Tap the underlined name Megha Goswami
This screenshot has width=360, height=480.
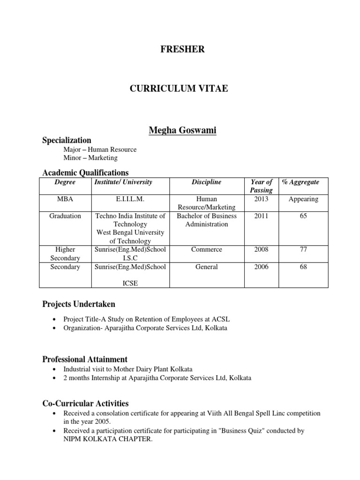182,130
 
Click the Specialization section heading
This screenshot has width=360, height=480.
67,140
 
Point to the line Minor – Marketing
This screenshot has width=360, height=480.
90,158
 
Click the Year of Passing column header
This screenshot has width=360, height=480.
261,186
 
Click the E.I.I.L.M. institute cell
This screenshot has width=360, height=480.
130,199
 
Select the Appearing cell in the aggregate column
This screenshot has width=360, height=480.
303,199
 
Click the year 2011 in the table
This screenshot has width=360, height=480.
261,216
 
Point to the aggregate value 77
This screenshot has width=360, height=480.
303,250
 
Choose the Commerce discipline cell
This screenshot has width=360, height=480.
206,250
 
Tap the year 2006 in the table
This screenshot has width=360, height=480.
261,267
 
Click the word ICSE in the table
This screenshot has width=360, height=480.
130,283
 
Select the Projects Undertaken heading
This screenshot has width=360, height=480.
78,305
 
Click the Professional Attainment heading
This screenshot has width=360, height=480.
85,360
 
